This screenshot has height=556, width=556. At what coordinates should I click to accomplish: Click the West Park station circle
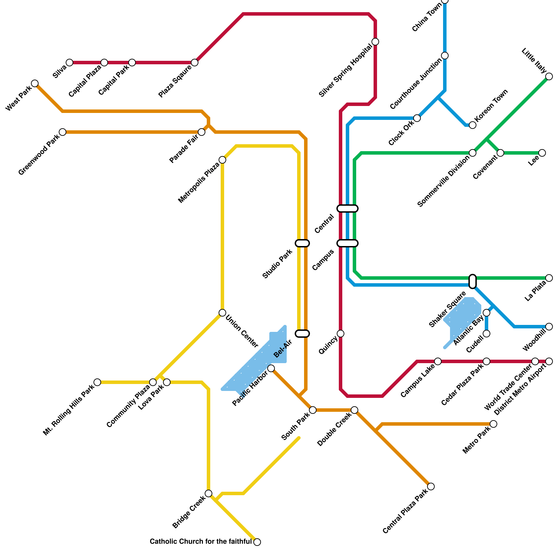pos(35,83)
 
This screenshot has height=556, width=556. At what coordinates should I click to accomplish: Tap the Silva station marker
pos(69,63)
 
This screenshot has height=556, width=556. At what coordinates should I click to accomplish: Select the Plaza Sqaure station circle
pos(195,63)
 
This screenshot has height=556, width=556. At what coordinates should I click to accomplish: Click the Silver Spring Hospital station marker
pos(375,42)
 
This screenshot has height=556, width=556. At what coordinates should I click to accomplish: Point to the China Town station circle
pos(445,1)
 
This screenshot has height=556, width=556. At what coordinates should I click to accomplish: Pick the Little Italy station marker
pos(549,76)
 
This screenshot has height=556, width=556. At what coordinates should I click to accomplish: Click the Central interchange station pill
pos(347,208)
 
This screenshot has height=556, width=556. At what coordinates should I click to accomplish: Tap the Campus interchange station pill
pos(347,243)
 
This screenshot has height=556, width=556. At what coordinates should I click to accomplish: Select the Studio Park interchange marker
pos(302,243)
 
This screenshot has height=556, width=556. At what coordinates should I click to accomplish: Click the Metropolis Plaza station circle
pos(222,160)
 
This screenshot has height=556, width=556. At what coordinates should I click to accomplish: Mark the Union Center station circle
pos(222,313)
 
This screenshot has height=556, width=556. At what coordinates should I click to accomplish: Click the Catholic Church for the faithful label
pos(201,541)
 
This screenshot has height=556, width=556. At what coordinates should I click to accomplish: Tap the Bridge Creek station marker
pos(208,493)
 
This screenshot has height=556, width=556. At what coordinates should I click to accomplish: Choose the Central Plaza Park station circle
pos(431,486)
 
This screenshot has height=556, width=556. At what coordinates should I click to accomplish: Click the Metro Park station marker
pos(493,424)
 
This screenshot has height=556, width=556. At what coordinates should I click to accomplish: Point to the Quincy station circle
pos(341,334)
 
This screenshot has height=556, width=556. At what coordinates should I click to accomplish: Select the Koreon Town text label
pos(491,105)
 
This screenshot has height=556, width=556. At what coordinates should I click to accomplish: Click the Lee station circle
pos(542,153)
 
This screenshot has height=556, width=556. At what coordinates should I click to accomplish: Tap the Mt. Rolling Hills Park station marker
pos(97,382)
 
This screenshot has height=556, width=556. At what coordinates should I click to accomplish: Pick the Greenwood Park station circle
pos(63,132)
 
